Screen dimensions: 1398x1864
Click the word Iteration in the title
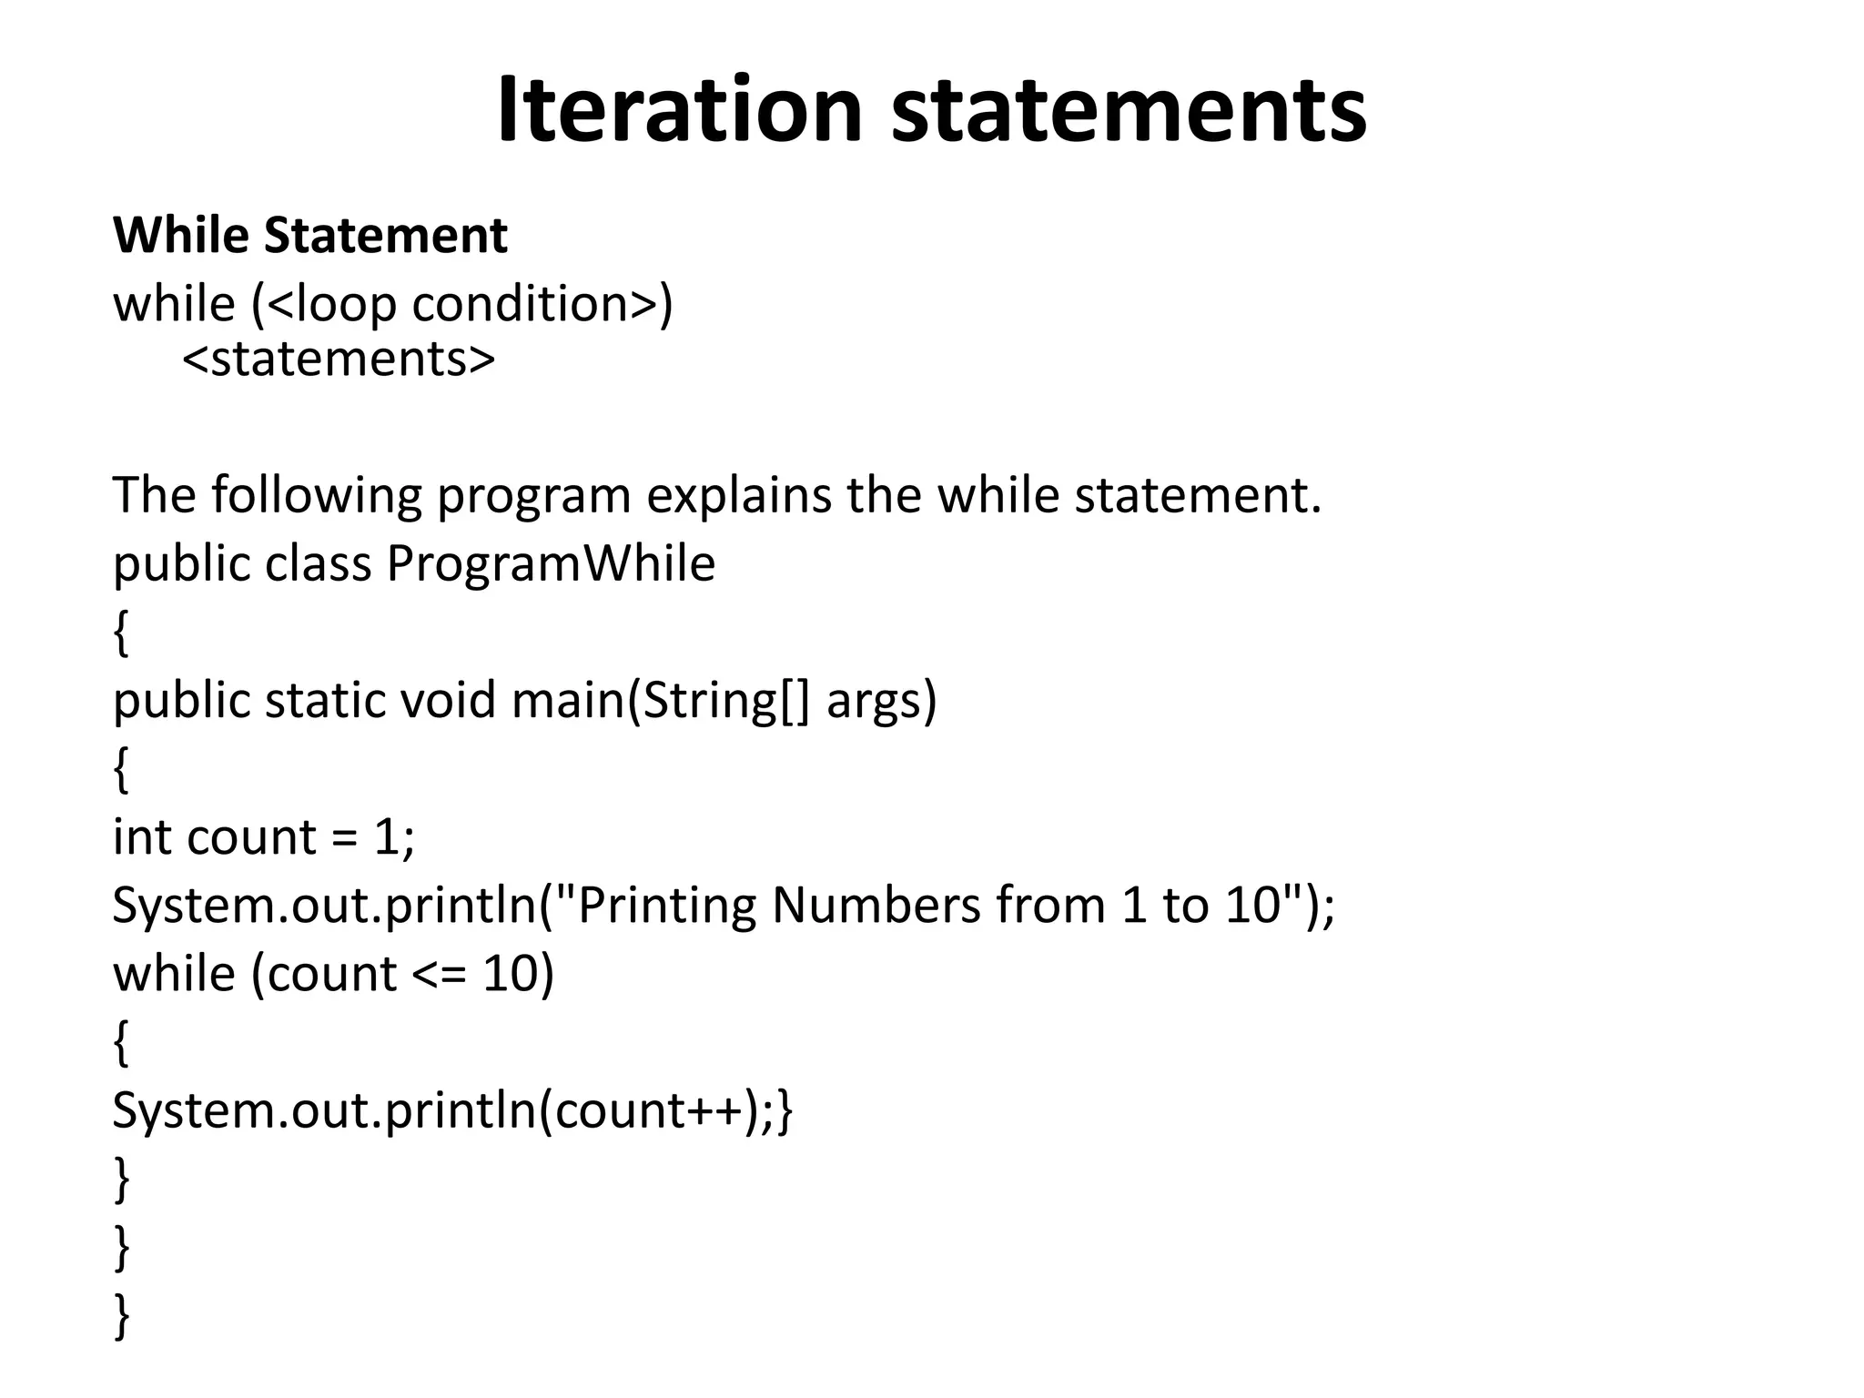click(678, 111)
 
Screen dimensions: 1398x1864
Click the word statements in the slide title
click(1129, 111)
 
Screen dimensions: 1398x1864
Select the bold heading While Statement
click(309, 235)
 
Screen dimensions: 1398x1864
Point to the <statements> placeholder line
click(339, 359)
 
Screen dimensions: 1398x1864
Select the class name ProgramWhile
click(551, 563)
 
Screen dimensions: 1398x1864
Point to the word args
click(879, 702)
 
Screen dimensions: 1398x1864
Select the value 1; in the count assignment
click(394, 836)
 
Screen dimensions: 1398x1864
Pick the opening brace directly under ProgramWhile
click(121, 633)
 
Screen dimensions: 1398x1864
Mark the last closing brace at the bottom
click(121, 1316)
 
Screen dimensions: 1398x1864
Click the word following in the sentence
click(316, 496)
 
